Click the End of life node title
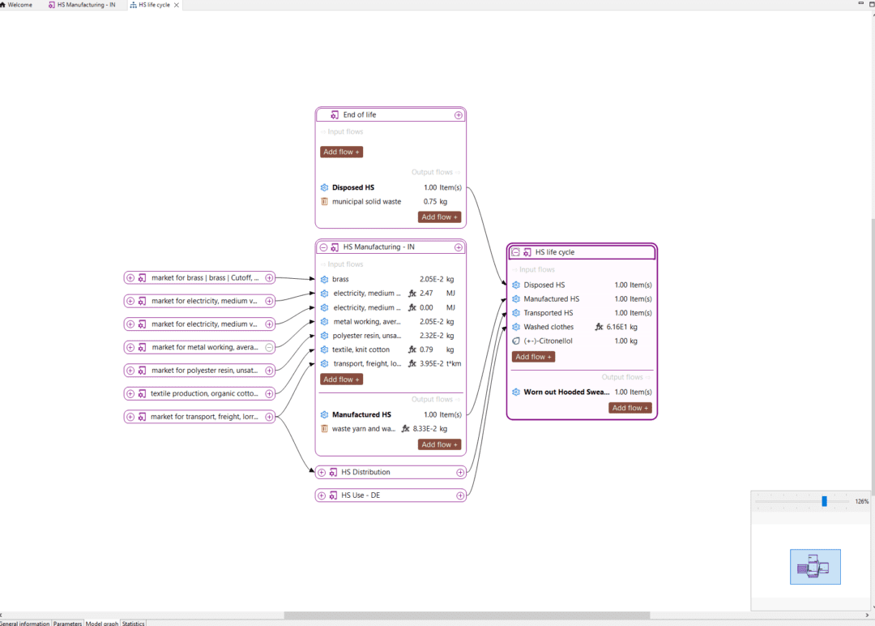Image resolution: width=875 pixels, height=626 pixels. (x=359, y=115)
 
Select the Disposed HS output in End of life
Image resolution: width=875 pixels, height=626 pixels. (x=353, y=187)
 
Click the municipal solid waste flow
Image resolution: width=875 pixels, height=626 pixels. (x=366, y=201)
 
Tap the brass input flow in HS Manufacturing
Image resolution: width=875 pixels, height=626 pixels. (x=340, y=279)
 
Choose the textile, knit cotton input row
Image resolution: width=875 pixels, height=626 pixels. (x=361, y=349)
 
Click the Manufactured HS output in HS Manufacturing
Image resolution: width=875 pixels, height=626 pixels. (x=361, y=414)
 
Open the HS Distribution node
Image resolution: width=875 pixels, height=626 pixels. (x=365, y=472)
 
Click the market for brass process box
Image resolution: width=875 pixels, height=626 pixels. (x=204, y=278)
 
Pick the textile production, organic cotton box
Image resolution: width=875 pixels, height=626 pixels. (x=204, y=393)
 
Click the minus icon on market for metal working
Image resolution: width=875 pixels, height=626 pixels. (x=269, y=347)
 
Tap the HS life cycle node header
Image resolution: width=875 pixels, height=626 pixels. (x=554, y=252)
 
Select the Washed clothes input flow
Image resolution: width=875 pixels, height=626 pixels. (x=548, y=327)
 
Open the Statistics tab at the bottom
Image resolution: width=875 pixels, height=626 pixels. (x=133, y=623)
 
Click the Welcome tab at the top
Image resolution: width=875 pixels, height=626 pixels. (x=19, y=5)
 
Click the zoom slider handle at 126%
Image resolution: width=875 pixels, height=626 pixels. (x=824, y=501)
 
